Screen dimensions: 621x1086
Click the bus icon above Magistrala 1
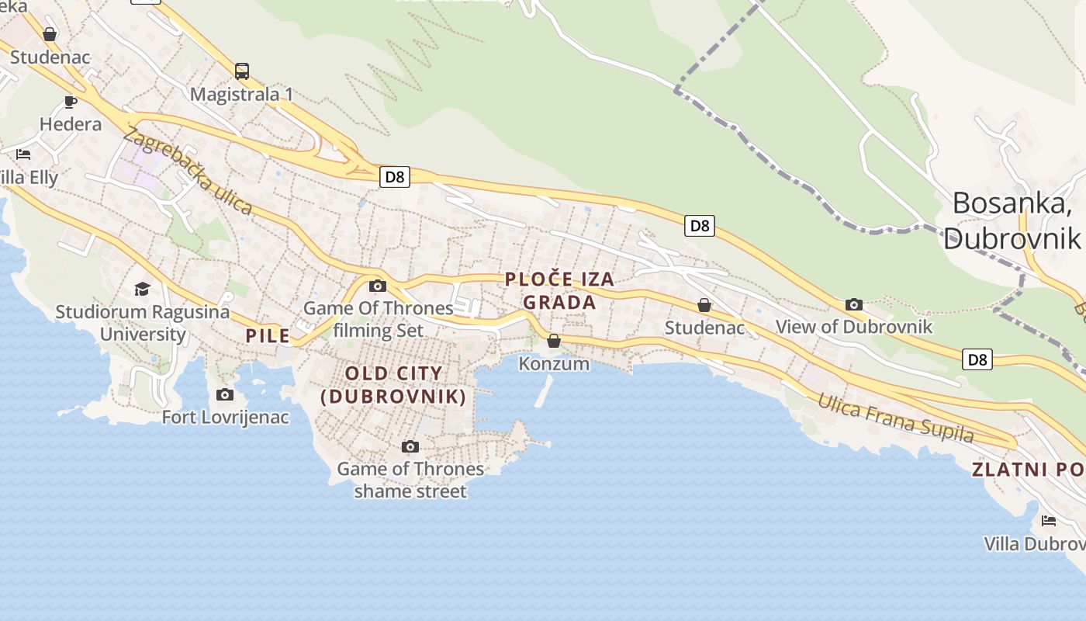[x=242, y=71]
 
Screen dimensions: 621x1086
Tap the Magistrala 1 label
[x=242, y=95]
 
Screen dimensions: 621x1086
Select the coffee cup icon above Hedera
[x=71, y=102]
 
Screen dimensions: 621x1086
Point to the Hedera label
[x=71, y=124]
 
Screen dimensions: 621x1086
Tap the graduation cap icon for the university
[x=142, y=290]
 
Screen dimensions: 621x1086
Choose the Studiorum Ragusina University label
[x=143, y=323]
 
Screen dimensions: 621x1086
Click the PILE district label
[x=268, y=336]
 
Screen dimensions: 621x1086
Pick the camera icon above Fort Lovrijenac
[x=225, y=395]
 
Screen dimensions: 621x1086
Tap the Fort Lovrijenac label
[x=225, y=418]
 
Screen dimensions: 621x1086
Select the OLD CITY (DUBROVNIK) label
[x=394, y=385]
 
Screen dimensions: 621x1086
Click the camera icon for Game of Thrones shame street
[x=410, y=446]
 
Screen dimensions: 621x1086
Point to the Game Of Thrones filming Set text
[x=379, y=319]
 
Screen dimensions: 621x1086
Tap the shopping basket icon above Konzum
[x=554, y=341]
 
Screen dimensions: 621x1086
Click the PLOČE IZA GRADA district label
[x=559, y=290]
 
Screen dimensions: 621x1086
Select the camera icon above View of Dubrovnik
[x=854, y=304]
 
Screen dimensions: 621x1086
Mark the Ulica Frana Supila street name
[x=896, y=418]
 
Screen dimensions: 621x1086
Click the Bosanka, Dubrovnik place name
[x=1012, y=220]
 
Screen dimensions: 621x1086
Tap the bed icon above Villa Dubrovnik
[x=1049, y=521]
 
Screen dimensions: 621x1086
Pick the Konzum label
[x=554, y=363]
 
